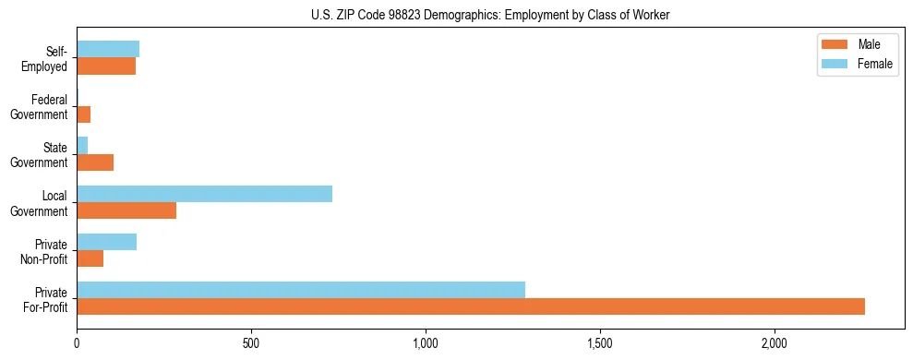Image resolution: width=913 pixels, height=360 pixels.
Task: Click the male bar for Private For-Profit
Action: (x=471, y=306)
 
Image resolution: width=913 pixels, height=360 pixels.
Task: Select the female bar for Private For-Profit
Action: (x=301, y=290)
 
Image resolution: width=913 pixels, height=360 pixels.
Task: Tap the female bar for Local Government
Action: (x=204, y=194)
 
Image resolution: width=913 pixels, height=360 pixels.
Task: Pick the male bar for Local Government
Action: (x=126, y=210)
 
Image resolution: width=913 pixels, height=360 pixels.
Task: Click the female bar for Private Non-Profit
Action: (x=106, y=242)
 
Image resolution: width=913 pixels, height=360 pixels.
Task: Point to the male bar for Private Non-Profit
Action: (x=90, y=258)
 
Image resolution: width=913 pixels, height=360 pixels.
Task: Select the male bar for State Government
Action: (x=95, y=162)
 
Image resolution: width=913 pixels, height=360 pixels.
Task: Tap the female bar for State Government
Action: (x=82, y=146)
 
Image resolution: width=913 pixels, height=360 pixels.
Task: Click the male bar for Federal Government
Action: (x=84, y=114)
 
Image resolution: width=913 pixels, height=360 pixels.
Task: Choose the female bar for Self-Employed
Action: (x=108, y=49)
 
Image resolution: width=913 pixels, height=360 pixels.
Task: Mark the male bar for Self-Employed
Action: (x=106, y=66)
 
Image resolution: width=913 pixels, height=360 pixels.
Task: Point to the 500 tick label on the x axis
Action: (x=251, y=343)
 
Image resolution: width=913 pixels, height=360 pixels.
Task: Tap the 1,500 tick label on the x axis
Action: (x=600, y=343)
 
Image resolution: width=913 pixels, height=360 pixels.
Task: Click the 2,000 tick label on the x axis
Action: (x=775, y=343)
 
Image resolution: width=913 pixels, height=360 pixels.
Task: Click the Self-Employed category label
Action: (x=45, y=59)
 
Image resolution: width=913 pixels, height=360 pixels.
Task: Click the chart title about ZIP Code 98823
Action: (x=491, y=16)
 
